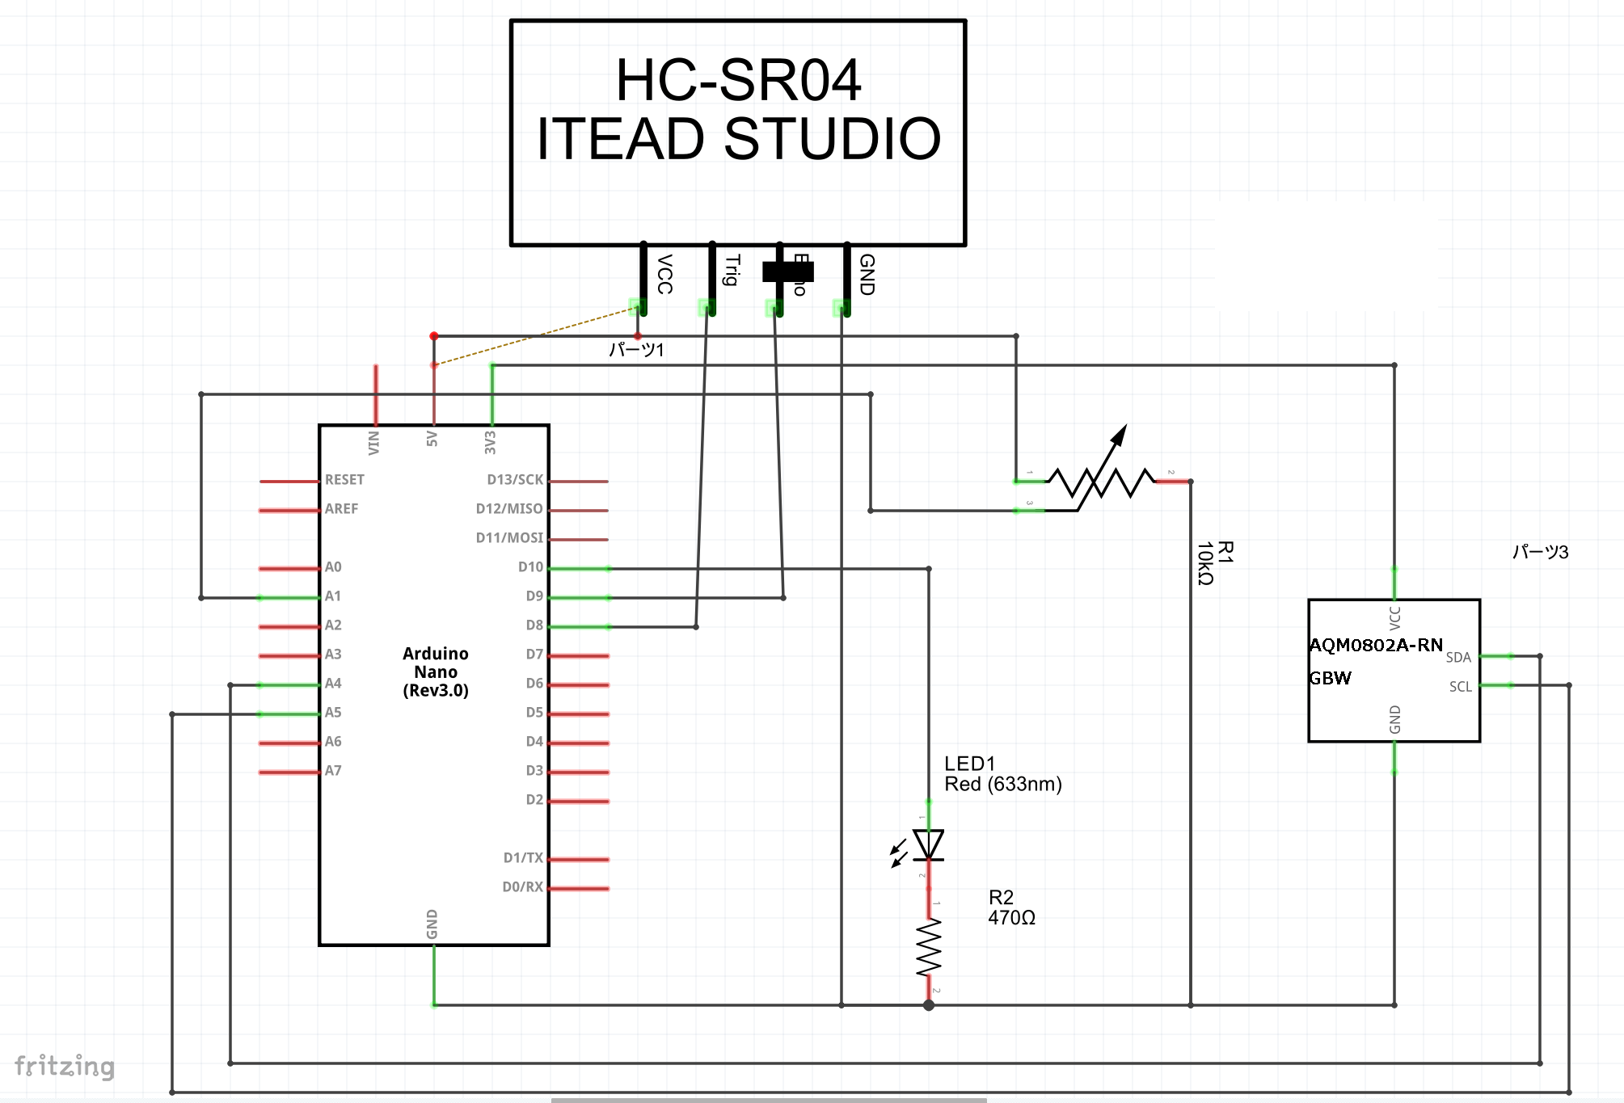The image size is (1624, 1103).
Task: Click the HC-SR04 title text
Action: tap(738, 81)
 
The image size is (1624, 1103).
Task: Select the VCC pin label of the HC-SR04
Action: tap(664, 274)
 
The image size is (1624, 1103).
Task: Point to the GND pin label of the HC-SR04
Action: tap(867, 274)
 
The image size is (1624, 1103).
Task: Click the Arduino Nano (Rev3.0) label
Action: tap(436, 671)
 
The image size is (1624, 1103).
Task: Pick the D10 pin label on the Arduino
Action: tap(530, 567)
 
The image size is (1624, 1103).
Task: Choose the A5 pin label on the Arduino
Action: tap(333, 713)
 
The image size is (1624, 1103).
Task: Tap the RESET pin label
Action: tap(344, 480)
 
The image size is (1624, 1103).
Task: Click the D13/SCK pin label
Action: tap(515, 480)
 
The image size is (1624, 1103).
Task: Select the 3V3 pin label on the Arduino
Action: tap(490, 442)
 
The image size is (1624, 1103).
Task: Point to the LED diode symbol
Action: tap(928, 844)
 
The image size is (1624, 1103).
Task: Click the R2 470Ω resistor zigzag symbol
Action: tap(929, 946)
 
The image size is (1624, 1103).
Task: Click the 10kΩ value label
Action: tap(1204, 563)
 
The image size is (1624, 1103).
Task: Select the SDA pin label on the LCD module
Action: tap(1458, 658)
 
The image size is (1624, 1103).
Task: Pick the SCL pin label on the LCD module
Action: tap(1460, 687)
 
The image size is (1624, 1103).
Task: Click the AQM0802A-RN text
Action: tap(1376, 645)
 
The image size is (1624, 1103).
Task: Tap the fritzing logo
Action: tap(65, 1066)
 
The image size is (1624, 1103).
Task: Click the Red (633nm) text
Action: tap(1003, 784)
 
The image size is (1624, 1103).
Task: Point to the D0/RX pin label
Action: tap(522, 887)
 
